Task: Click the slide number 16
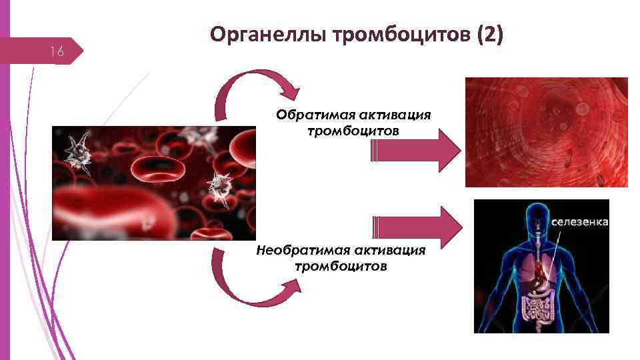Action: pos(58,52)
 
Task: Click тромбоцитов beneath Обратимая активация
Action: pos(353,131)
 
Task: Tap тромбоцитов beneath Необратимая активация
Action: pos(341,267)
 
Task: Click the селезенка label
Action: pos(579,221)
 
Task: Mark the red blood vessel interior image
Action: pos(546,132)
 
